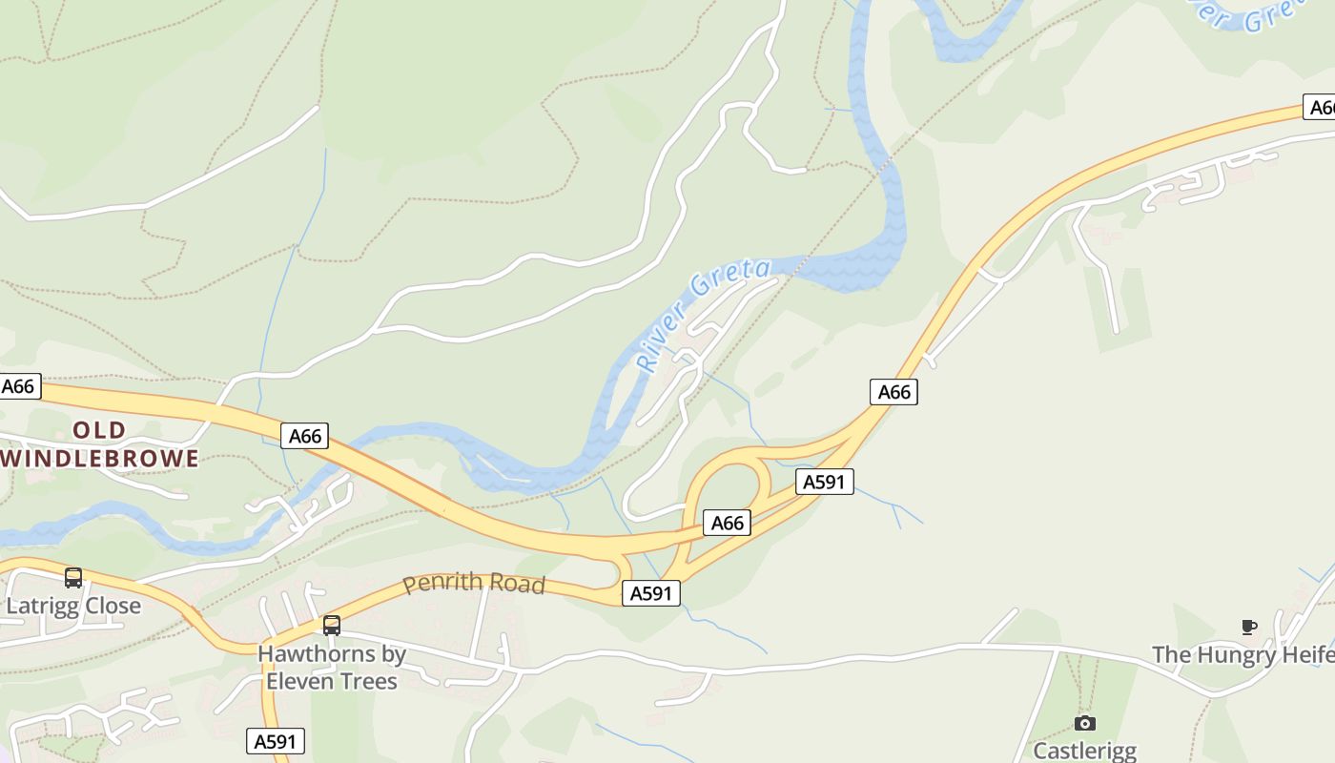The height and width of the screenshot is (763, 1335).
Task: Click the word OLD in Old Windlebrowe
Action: [99, 430]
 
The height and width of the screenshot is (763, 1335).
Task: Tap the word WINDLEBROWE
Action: [100, 459]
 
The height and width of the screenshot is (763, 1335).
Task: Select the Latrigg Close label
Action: [73, 607]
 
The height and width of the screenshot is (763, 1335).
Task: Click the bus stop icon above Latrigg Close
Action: [73, 578]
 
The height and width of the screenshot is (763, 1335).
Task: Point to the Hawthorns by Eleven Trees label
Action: [332, 668]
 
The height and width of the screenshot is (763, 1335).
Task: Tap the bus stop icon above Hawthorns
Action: [332, 626]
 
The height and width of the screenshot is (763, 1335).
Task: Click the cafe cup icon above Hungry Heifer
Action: [1249, 627]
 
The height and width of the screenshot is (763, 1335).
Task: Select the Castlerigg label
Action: [1085, 751]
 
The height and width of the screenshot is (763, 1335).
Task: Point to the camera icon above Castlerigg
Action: [1085, 723]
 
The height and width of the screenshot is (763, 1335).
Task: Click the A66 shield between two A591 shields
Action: [728, 523]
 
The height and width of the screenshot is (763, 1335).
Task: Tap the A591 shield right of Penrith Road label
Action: [652, 593]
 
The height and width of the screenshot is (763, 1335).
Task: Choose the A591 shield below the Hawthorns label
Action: [276, 741]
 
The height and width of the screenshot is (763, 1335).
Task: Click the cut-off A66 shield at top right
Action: [1321, 108]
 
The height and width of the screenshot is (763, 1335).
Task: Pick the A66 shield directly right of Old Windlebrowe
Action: [305, 436]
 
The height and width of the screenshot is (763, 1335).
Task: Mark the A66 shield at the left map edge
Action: [19, 386]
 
